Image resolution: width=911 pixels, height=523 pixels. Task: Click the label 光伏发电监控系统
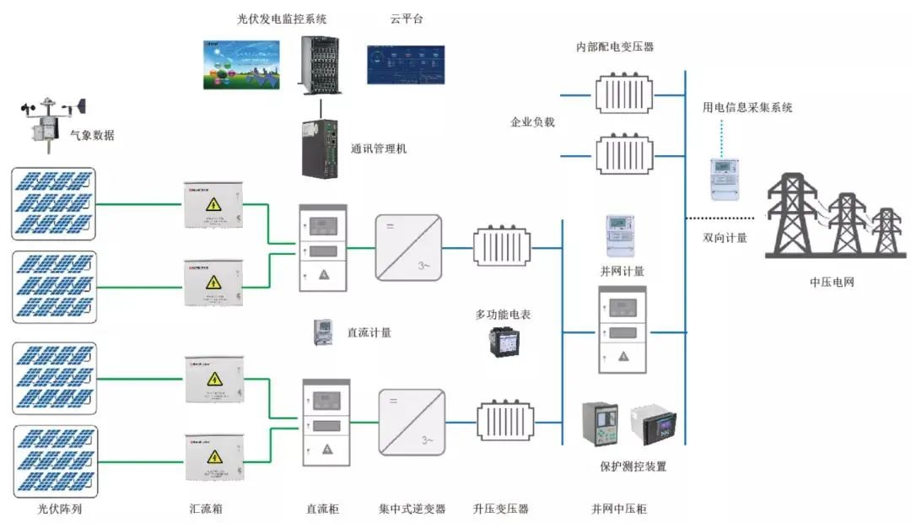tap(281, 19)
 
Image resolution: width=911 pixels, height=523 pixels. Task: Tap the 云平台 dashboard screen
tap(405, 65)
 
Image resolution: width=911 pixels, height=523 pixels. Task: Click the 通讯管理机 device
tap(321, 148)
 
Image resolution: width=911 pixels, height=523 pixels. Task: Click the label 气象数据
tap(92, 135)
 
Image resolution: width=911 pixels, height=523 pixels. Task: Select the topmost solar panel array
tap(54, 203)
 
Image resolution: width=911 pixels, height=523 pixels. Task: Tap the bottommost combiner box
tap(214, 458)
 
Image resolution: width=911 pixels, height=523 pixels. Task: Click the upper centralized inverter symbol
tap(409, 247)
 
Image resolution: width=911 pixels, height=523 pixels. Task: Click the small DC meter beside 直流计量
tap(324, 332)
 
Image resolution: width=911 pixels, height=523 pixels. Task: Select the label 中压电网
tap(831, 282)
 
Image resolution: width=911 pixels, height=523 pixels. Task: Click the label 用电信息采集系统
tap(747, 107)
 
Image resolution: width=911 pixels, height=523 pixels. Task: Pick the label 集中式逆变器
tap(412, 510)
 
